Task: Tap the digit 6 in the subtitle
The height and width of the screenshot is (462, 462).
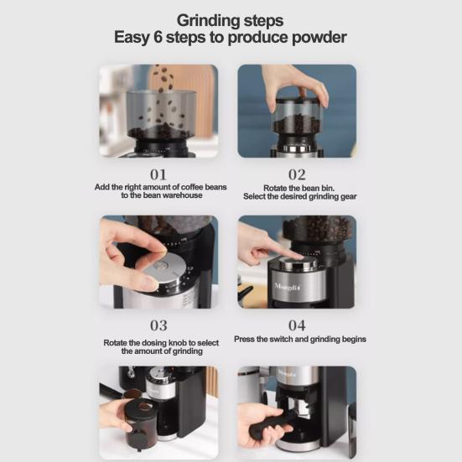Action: [158, 38]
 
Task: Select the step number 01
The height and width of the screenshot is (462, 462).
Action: [158, 174]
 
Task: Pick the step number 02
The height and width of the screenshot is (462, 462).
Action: [297, 174]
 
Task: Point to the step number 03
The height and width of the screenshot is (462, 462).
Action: [158, 325]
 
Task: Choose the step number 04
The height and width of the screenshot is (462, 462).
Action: [297, 325]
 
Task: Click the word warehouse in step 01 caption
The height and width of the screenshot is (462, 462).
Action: [183, 195]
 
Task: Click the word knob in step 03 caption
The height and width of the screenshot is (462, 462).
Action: [179, 343]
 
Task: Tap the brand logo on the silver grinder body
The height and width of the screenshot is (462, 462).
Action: [288, 286]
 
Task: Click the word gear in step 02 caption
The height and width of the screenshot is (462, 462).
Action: [349, 197]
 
